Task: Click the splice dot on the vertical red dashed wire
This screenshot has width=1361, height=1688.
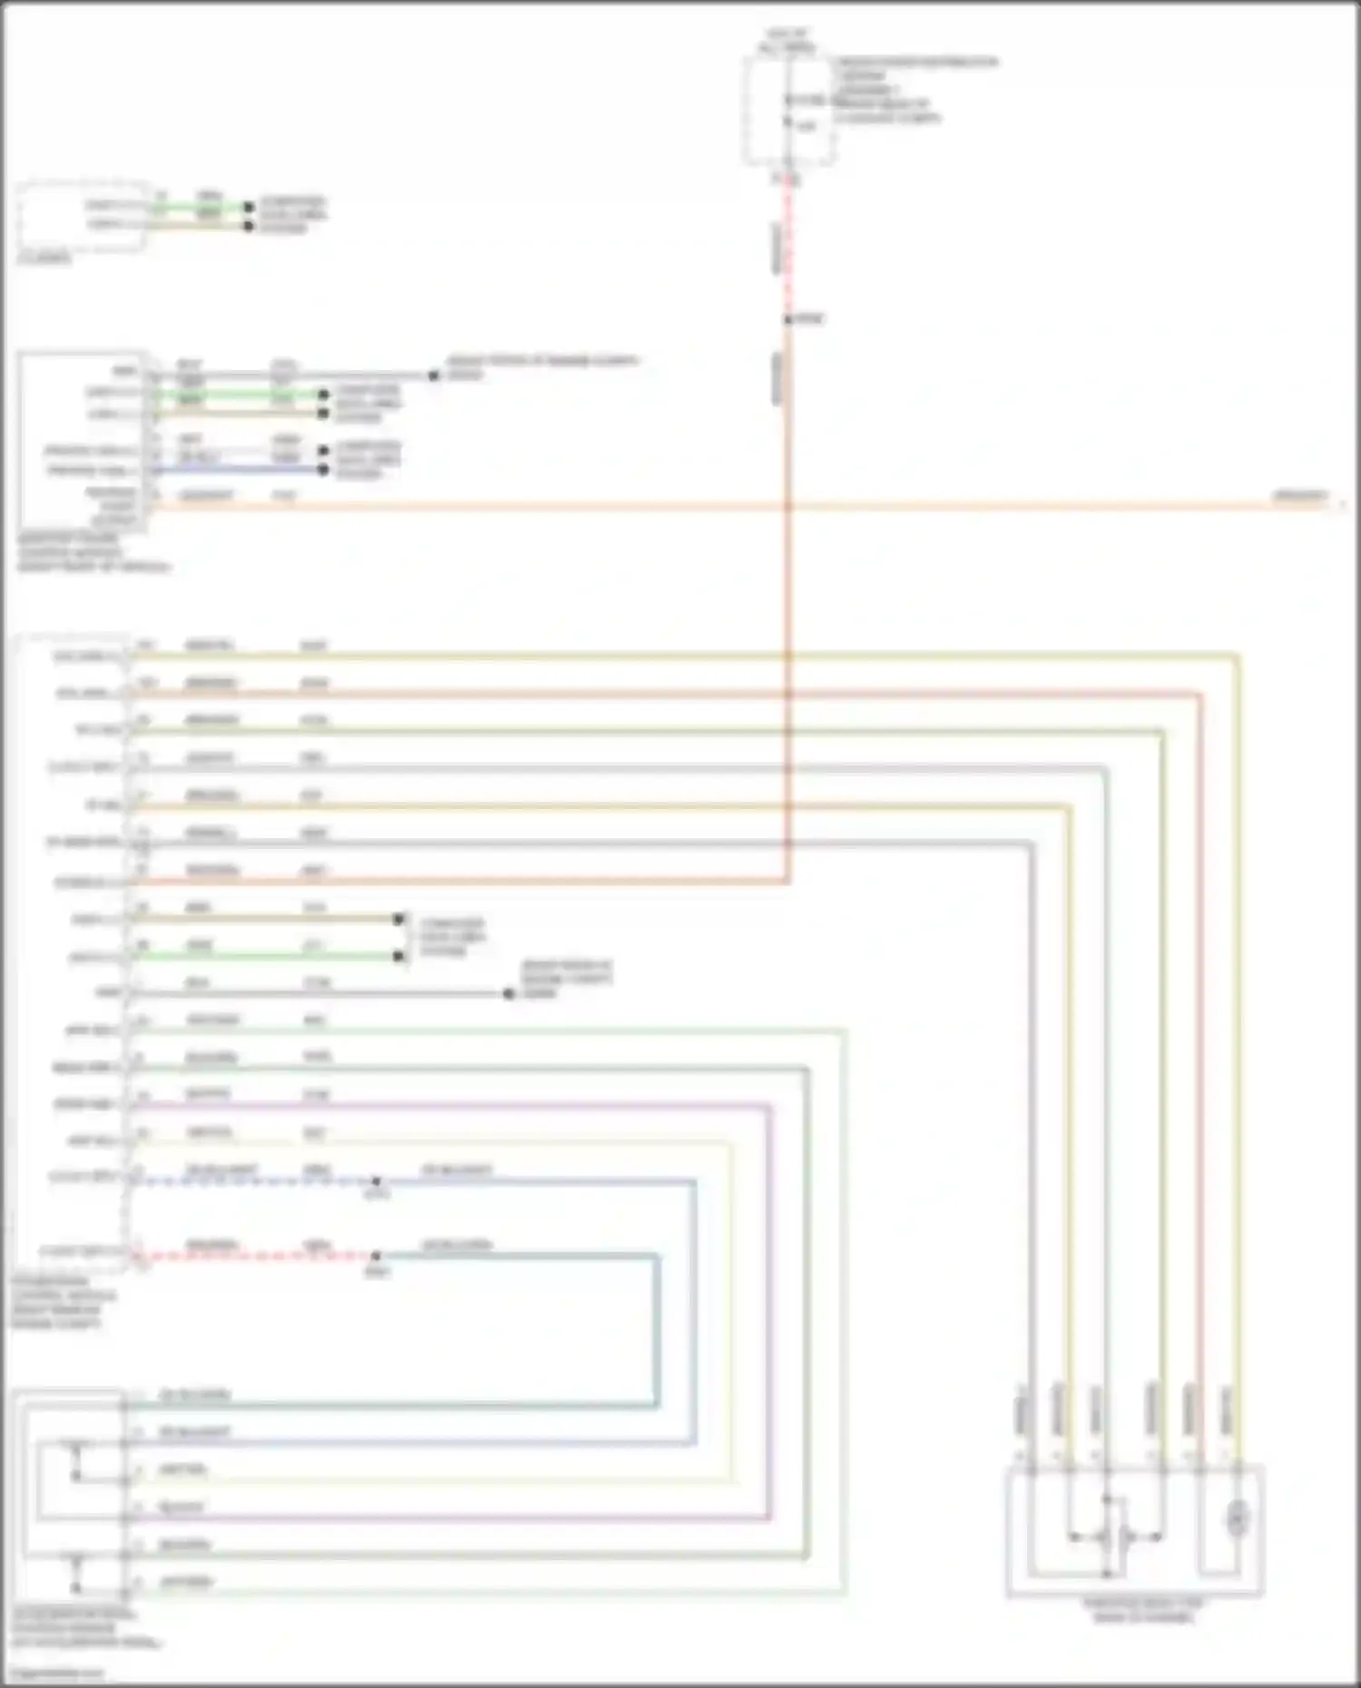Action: (x=788, y=319)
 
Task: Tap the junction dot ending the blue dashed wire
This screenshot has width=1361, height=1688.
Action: (x=376, y=1182)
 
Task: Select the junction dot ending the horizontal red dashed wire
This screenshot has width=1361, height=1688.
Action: (x=376, y=1256)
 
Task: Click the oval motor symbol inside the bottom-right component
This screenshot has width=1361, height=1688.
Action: (x=1237, y=1518)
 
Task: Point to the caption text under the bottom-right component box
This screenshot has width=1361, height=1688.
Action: (x=1142, y=1611)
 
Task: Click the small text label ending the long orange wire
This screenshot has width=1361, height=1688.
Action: (x=1299, y=496)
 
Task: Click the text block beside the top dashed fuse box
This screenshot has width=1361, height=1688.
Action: (x=913, y=90)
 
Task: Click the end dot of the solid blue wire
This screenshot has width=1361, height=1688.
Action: (x=323, y=470)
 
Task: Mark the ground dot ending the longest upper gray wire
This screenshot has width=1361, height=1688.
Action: (x=434, y=375)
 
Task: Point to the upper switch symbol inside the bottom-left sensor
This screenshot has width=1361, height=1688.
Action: (x=76, y=1459)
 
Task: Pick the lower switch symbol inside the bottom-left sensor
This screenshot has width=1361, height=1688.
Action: (x=76, y=1575)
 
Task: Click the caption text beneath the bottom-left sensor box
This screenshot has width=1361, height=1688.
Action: (x=86, y=1629)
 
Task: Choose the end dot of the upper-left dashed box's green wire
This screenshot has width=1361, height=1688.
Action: (x=249, y=208)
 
